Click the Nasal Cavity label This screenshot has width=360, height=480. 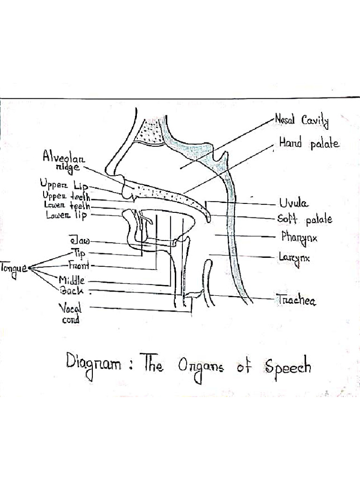coord(301,120)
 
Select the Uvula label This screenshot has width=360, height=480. coord(293,203)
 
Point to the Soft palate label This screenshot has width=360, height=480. coord(305,219)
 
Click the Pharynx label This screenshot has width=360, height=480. coord(299,238)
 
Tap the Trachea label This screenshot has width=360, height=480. coord(296,300)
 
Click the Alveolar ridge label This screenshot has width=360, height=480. coord(64,161)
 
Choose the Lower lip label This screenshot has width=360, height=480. coord(67,215)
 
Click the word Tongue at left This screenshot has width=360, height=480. coord(14,269)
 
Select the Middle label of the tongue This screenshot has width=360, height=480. coord(72,280)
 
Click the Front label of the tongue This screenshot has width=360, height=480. coord(79,265)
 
